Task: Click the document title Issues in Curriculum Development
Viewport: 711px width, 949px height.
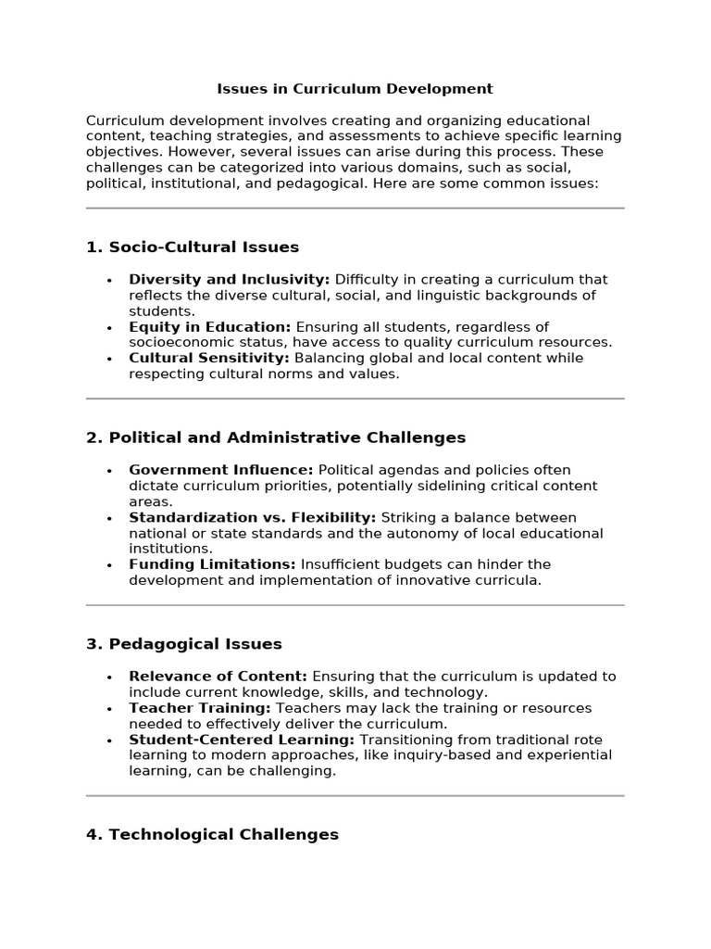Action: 355,89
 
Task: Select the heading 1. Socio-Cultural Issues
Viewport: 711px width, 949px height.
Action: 193,247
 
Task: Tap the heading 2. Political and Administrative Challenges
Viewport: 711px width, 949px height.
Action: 276,437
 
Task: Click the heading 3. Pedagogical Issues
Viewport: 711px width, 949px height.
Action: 184,644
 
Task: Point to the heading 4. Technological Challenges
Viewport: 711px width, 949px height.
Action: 212,834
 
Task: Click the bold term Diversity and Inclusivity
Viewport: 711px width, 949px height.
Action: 229,280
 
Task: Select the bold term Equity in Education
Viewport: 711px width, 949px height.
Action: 209,327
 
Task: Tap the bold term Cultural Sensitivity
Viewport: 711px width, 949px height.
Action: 208,358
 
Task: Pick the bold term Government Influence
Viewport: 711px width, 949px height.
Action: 220,470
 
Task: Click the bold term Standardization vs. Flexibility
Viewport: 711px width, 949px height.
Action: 252,517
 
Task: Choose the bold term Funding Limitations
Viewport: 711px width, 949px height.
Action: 212,564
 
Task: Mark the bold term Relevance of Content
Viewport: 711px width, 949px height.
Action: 218,677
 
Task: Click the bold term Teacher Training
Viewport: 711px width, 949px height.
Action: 199,708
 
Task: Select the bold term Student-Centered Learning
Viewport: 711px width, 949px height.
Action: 242,740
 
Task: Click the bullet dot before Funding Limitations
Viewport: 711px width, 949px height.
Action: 109,565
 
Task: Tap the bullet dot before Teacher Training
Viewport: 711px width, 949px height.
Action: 109,709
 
